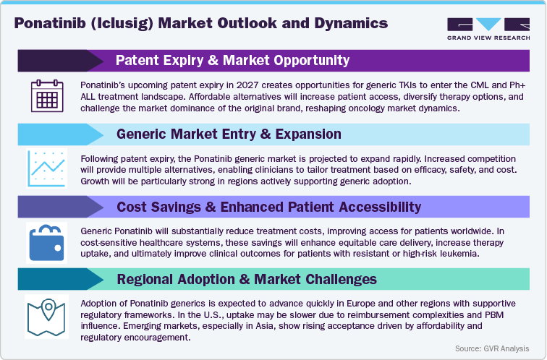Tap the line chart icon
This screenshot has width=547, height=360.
(46, 169)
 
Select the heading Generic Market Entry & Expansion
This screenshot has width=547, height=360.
(229, 134)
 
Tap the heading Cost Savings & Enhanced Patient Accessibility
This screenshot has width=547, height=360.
(268, 207)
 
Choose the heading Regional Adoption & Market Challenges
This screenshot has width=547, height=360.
(247, 278)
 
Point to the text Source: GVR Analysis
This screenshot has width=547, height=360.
(491, 348)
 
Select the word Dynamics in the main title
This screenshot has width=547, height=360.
(347, 22)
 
